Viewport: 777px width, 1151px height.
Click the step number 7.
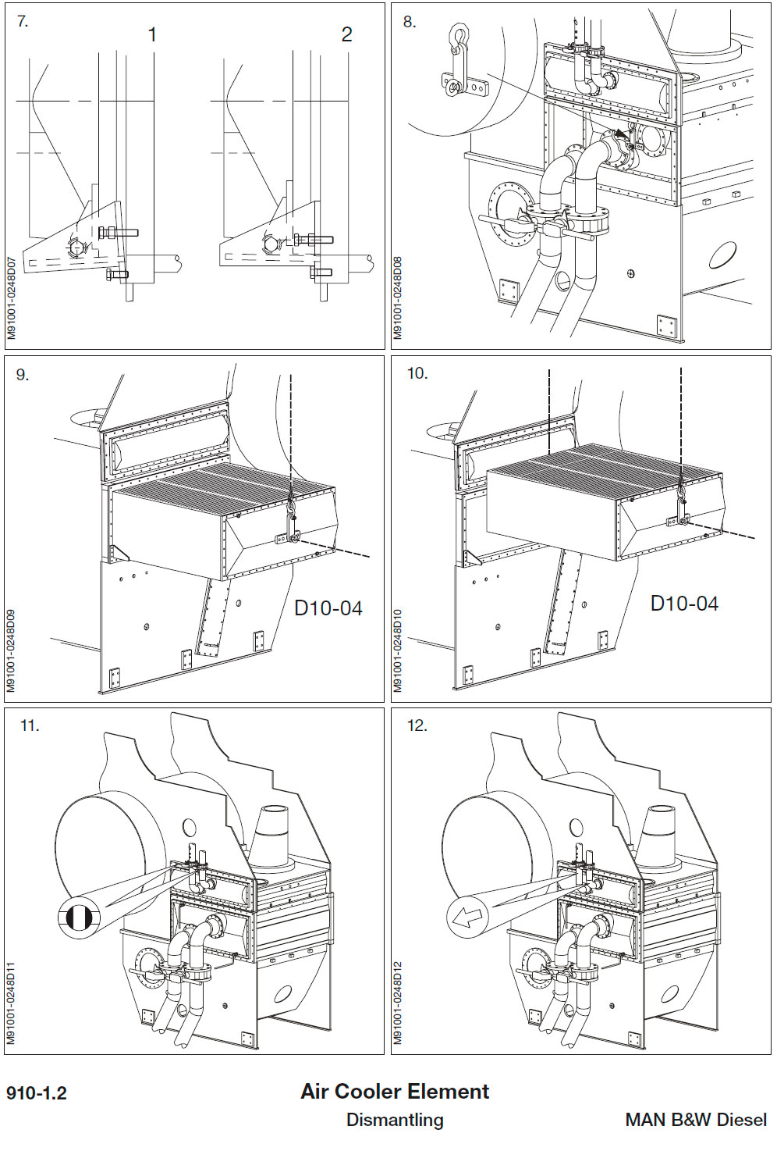pyautogui.click(x=23, y=22)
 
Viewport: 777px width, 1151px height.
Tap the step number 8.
pyautogui.click(x=410, y=22)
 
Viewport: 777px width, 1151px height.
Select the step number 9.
pyautogui.click(x=23, y=375)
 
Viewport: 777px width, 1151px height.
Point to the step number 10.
pyautogui.click(x=417, y=373)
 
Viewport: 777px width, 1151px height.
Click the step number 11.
pyautogui.click(x=29, y=725)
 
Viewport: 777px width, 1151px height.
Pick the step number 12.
pyautogui.click(x=417, y=725)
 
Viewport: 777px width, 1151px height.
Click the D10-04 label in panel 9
pyautogui.click(x=328, y=608)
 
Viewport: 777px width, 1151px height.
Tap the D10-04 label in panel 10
pyautogui.click(x=684, y=603)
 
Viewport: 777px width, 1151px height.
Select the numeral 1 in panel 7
pyautogui.click(x=152, y=34)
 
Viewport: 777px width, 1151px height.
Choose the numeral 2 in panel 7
pyautogui.click(x=346, y=34)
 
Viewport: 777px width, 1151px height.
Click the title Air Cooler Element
pyautogui.click(x=395, y=1091)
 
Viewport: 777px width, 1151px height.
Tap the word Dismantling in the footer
pyautogui.click(x=395, y=1119)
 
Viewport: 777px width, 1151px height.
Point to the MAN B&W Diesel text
pyautogui.click(x=696, y=1119)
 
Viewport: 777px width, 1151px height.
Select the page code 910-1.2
pyautogui.click(x=37, y=1092)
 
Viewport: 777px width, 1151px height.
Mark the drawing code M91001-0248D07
pyautogui.click(x=11, y=298)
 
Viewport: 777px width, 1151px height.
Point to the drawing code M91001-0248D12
pyautogui.click(x=398, y=1003)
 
